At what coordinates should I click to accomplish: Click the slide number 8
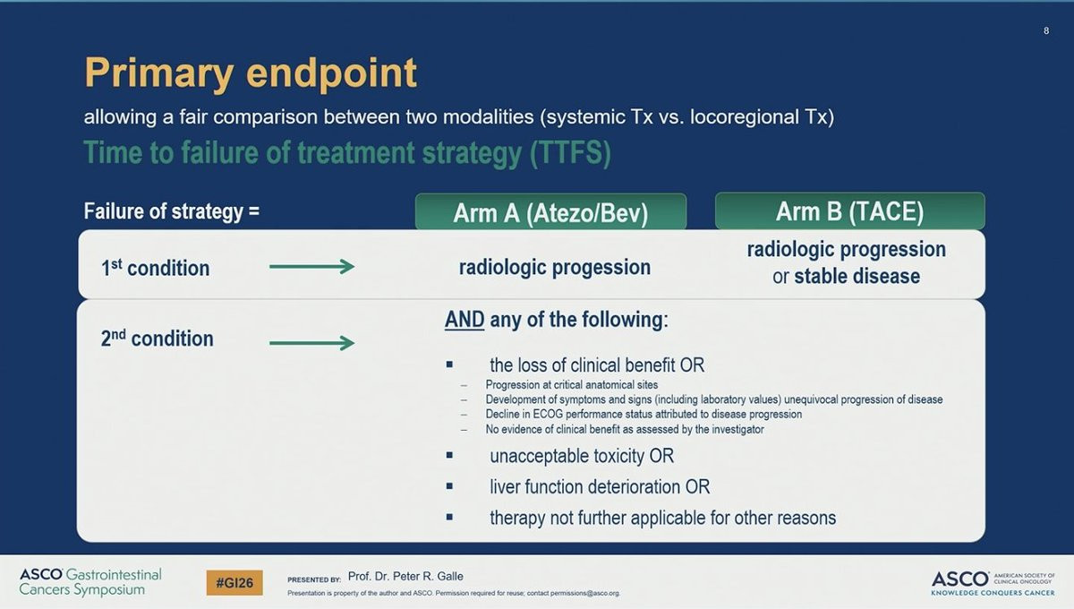(x=1046, y=30)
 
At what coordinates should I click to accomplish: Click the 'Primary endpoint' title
(x=251, y=73)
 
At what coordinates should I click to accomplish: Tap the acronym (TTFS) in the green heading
(x=571, y=153)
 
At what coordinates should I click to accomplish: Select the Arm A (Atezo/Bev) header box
(x=551, y=211)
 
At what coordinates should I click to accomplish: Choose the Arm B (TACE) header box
(x=850, y=211)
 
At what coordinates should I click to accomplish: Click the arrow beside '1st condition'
(x=311, y=266)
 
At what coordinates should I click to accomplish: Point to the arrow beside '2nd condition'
(x=311, y=343)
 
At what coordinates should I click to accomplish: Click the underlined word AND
(x=465, y=320)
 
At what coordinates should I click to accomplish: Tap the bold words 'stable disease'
(x=857, y=277)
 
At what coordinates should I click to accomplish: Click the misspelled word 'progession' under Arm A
(x=601, y=268)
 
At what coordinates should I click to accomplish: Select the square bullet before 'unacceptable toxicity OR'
(x=449, y=455)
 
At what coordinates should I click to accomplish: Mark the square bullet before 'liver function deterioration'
(x=449, y=486)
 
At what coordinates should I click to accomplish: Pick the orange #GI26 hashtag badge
(x=234, y=583)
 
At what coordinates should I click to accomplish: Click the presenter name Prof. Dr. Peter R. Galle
(x=405, y=577)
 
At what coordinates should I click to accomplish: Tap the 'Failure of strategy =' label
(x=172, y=211)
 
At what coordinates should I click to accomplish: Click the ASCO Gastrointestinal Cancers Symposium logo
(x=90, y=581)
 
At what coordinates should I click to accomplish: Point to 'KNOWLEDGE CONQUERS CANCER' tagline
(x=993, y=593)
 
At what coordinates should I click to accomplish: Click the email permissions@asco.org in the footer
(x=585, y=593)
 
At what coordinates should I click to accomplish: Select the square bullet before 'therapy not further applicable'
(x=449, y=517)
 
